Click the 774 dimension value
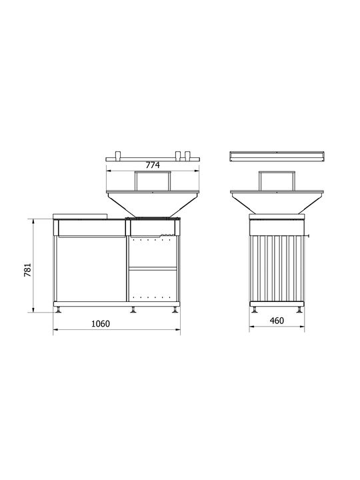tap(153, 165)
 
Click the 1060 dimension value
tap(101, 323)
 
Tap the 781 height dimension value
tap(28, 270)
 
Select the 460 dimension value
tap(277, 321)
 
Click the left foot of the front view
tap(58, 310)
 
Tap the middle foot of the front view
tap(133, 310)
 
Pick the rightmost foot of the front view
tap(175, 310)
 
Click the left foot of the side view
tap(255, 310)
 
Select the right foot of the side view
tap(299, 310)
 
